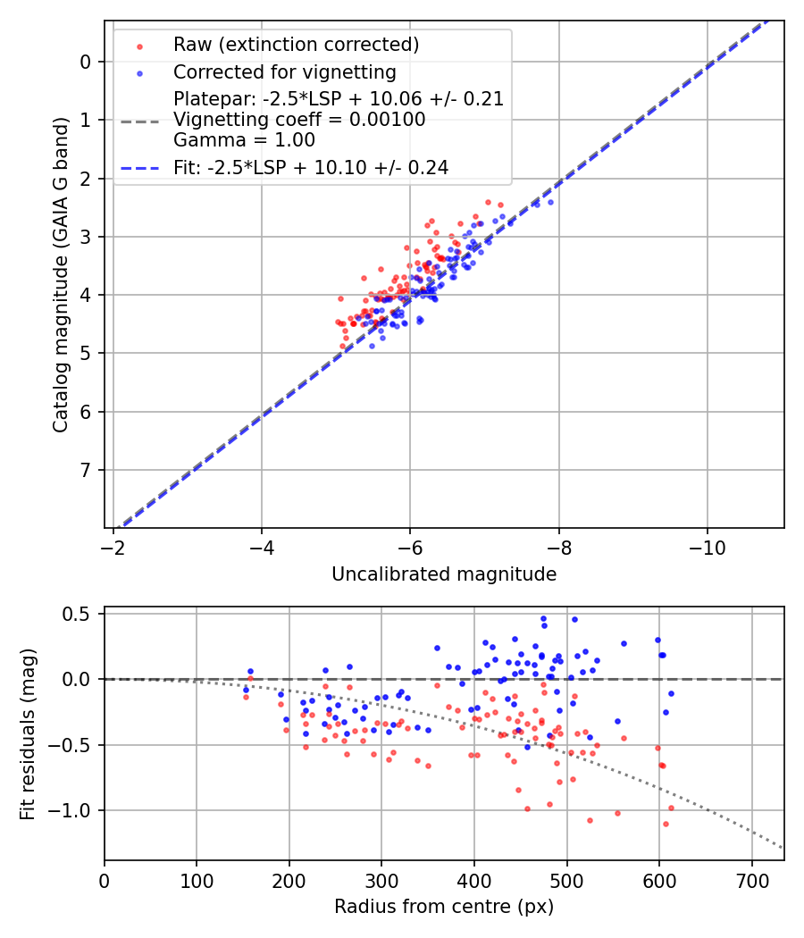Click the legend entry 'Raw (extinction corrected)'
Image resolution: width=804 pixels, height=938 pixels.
point(296,45)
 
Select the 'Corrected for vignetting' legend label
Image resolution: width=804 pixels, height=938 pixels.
point(284,71)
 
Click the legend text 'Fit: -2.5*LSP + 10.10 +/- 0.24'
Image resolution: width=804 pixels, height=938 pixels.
point(311,167)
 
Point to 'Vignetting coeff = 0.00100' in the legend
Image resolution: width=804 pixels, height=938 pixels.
point(299,120)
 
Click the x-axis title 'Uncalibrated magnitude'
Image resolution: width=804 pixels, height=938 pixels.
point(444,574)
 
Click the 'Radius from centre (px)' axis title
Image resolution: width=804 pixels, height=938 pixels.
point(444,907)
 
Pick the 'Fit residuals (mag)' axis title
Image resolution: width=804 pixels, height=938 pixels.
point(29,733)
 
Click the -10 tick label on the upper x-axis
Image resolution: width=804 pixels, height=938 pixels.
point(707,544)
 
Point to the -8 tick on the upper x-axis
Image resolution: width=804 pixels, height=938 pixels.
point(558,544)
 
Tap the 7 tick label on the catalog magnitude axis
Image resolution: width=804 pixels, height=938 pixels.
point(86,470)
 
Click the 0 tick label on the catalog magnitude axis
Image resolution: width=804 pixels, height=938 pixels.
point(86,62)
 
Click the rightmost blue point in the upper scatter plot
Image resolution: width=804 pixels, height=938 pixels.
point(550,202)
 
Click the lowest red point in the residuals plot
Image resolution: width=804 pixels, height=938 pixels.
point(666,824)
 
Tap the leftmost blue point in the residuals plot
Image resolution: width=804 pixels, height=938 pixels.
point(246,690)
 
